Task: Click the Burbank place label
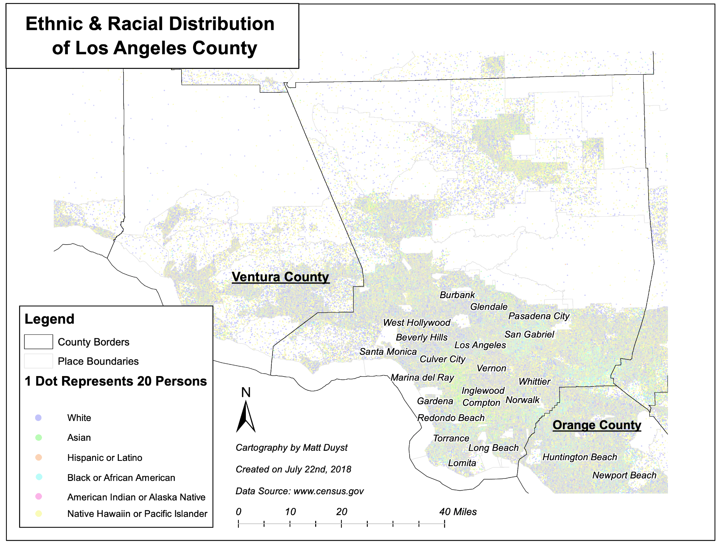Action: [x=457, y=295]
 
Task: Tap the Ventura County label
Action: [x=280, y=277]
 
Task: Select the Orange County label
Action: [x=597, y=425]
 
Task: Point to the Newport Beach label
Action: [x=624, y=475]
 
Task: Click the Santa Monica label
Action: [x=388, y=352]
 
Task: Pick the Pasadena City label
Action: [x=539, y=316]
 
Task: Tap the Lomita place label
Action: [x=462, y=463]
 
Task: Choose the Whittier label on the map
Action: [x=534, y=381]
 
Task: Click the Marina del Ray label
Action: [x=422, y=378]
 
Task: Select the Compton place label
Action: [x=481, y=403]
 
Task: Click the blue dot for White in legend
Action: [x=38, y=418]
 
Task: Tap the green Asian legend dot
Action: [x=38, y=438]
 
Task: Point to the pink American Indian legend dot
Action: [x=38, y=496]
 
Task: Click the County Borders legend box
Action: [x=38, y=342]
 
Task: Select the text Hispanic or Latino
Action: [x=104, y=458]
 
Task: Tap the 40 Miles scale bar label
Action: [x=458, y=512]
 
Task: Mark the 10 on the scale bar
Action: [x=290, y=512]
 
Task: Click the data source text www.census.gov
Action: [x=328, y=491]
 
